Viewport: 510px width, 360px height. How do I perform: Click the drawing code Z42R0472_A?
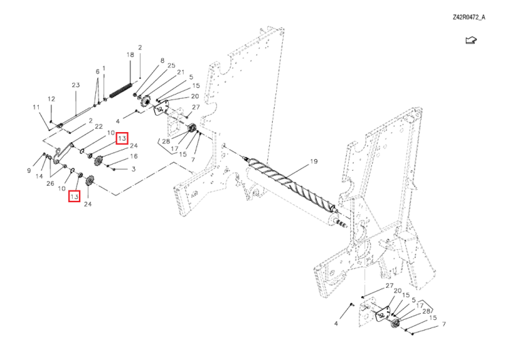469,18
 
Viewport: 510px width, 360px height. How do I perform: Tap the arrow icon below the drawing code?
470,42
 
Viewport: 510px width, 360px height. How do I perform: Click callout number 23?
76,85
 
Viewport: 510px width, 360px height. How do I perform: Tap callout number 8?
162,61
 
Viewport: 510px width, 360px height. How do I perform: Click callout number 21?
180,72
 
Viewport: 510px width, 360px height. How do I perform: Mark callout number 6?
97,71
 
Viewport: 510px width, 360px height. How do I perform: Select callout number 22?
99,127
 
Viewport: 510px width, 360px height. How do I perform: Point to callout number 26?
50,183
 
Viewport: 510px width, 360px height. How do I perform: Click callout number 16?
133,156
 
